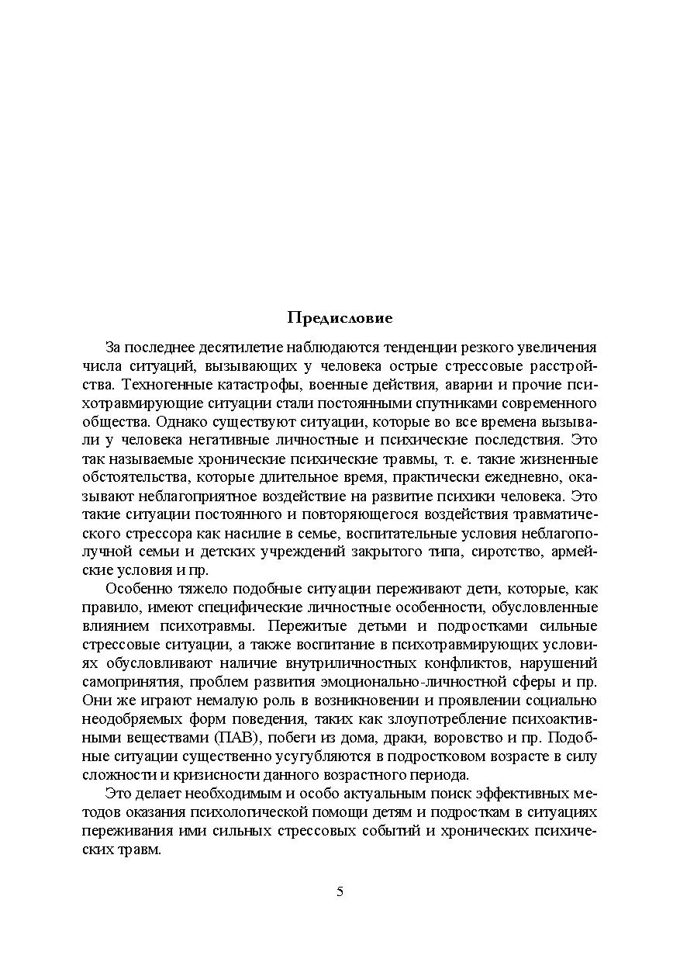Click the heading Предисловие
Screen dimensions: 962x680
[x=340, y=317]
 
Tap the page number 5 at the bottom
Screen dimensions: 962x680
[x=340, y=891]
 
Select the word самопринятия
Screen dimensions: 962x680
[x=128, y=682]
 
